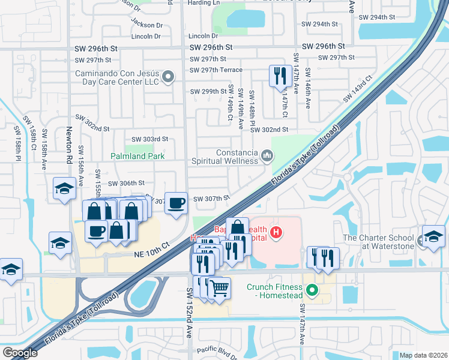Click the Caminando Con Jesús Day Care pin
[169, 76]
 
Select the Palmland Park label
[137, 156]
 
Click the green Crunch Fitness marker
[312, 291]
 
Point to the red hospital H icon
[276, 232]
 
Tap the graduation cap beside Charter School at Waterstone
[433, 235]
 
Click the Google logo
[20, 353]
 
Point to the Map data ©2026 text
[423, 355]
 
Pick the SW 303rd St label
[148, 139]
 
